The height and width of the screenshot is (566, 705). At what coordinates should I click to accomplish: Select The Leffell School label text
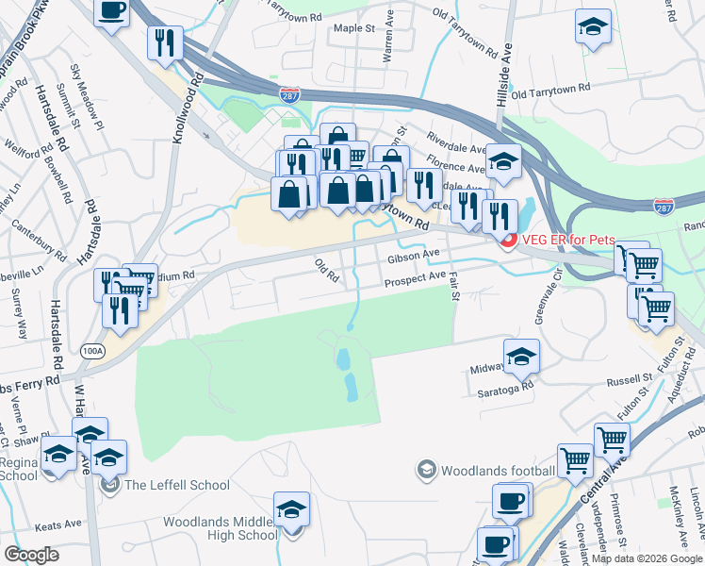pos(176,485)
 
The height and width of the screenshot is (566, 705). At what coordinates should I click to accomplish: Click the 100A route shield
pos(91,349)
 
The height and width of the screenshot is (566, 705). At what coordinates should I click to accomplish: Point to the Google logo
pos(31,555)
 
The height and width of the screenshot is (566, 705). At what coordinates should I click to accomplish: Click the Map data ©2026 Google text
pos(647,558)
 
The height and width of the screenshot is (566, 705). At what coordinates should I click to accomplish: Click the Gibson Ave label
pos(413,255)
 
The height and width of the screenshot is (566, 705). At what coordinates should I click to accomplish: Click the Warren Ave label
pos(386,45)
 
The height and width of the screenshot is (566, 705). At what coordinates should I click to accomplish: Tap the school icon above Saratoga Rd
pos(518,356)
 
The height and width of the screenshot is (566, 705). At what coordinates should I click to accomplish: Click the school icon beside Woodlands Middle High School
pos(291,509)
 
